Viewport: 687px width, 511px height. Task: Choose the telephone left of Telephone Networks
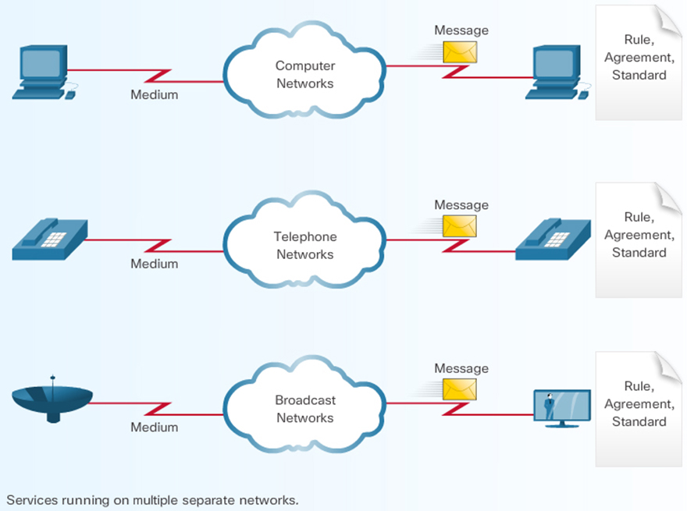[49, 238]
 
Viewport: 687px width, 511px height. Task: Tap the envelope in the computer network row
[460, 52]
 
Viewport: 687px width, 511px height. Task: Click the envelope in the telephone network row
[460, 226]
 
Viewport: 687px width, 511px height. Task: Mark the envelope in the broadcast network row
[460, 389]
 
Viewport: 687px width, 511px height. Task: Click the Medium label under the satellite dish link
[154, 427]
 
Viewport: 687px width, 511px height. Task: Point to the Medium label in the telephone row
[154, 264]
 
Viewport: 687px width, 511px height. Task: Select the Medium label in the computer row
[154, 95]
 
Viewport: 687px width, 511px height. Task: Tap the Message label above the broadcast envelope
[461, 368]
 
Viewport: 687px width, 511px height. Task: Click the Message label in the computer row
[461, 30]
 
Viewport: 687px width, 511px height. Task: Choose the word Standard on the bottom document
[639, 421]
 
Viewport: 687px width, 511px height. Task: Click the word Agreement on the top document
[639, 57]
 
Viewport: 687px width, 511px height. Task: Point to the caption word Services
[30, 499]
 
